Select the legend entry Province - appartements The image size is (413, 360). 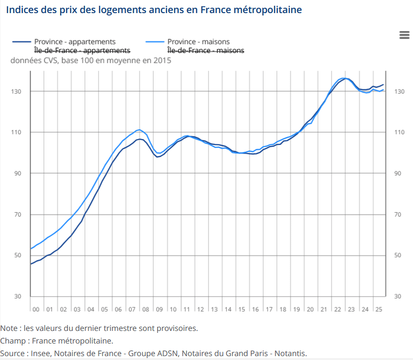click(x=75, y=42)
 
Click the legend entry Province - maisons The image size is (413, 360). click(x=198, y=42)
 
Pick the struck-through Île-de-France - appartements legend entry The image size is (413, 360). click(x=82, y=50)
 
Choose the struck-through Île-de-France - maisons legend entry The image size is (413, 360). click(x=206, y=50)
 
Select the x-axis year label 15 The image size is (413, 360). click(x=241, y=309)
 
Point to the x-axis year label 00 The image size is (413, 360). click(x=36, y=309)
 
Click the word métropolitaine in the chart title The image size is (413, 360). click(x=271, y=10)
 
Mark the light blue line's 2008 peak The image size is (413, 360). click(x=139, y=129)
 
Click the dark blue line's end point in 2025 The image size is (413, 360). click(x=384, y=85)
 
